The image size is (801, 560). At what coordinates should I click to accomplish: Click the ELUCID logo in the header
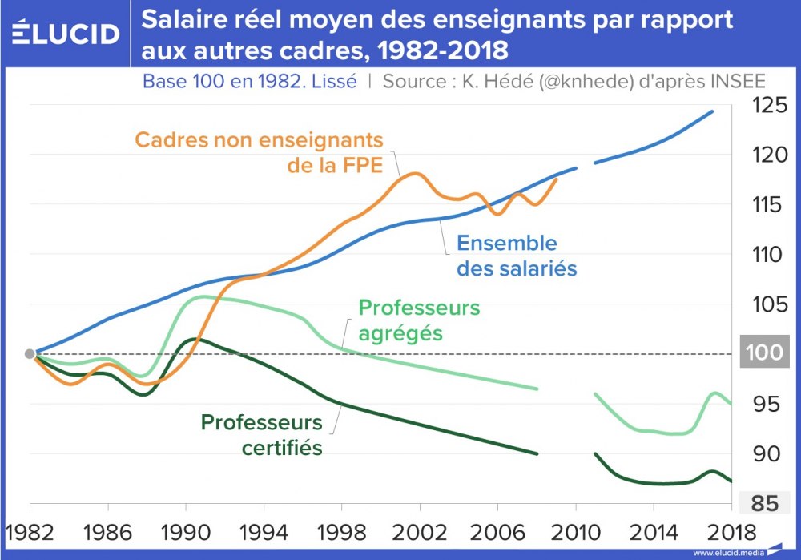tap(66, 34)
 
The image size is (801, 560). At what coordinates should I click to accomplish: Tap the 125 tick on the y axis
tap(767, 105)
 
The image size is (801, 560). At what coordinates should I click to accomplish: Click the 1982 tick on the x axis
tap(30, 533)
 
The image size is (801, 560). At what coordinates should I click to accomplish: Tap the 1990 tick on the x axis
tap(186, 533)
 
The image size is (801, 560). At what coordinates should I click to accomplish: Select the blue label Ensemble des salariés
tap(517, 255)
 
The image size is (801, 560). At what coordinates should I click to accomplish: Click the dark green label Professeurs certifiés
tap(261, 434)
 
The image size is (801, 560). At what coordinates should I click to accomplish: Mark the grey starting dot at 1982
tap(30, 353)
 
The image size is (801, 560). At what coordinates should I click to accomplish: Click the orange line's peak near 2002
tap(414, 173)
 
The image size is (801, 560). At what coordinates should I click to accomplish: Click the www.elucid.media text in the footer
tap(724, 552)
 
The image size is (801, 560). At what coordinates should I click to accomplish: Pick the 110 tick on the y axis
tap(767, 254)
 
